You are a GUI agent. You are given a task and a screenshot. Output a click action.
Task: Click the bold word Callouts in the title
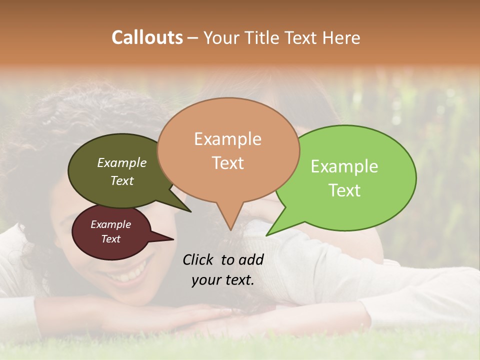click(147, 37)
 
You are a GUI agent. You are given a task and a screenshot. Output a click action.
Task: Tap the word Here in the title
click(342, 37)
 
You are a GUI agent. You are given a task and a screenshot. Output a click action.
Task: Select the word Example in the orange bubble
click(227, 139)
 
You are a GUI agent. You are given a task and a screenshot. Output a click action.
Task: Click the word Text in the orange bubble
click(227, 163)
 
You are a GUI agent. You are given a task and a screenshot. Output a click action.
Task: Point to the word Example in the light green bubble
click(344, 166)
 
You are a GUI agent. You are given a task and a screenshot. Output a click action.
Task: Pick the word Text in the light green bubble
click(344, 190)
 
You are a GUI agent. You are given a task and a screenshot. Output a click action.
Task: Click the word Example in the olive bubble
click(121, 163)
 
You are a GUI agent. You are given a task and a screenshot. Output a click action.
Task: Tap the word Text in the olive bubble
click(121, 180)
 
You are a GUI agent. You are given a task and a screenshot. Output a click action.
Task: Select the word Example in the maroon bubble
click(110, 224)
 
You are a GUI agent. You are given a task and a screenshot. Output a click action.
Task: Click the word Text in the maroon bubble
click(110, 239)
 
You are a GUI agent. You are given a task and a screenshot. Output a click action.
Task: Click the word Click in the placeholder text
click(199, 259)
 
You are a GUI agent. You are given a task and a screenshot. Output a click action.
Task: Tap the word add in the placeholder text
click(251, 259)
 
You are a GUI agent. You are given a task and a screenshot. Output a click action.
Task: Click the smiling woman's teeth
click(125, 275)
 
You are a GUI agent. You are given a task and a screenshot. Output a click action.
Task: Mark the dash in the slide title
click(193, 38)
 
